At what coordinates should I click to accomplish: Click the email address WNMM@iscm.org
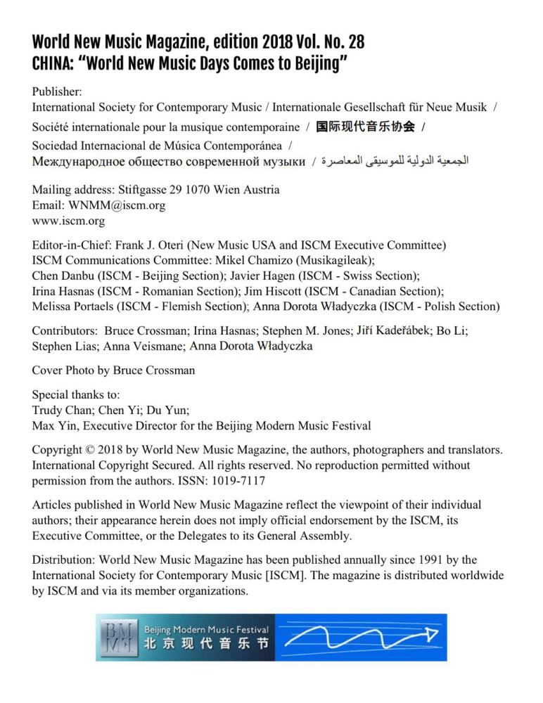pyautogui.click(x=117, y=206)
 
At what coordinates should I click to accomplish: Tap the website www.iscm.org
pyautogui.click(x=68, y=221)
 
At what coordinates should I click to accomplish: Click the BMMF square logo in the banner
pyautogui.click(x=118, y=637)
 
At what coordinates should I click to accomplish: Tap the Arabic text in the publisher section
pyautogui.click(x=395, y=162)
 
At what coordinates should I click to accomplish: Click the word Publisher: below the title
pyautogui.click(x=57, y=92)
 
